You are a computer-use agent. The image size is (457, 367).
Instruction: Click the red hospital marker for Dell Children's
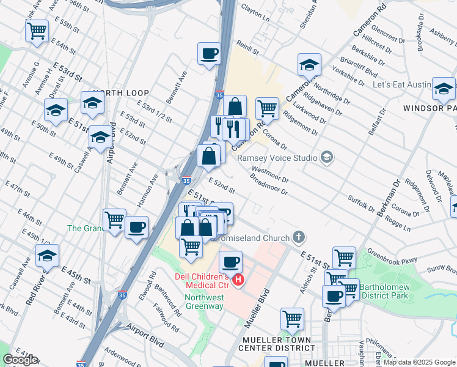click(239, 281)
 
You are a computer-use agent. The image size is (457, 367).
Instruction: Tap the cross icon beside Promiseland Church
click(298, 236)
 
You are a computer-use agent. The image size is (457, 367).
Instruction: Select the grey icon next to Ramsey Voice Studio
click(327, 158)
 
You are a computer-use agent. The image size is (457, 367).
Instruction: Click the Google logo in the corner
click(20, 360)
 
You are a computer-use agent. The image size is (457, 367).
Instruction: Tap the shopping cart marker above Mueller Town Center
click(292, 318)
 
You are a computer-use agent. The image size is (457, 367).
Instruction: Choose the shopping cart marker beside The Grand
click(114, 219)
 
